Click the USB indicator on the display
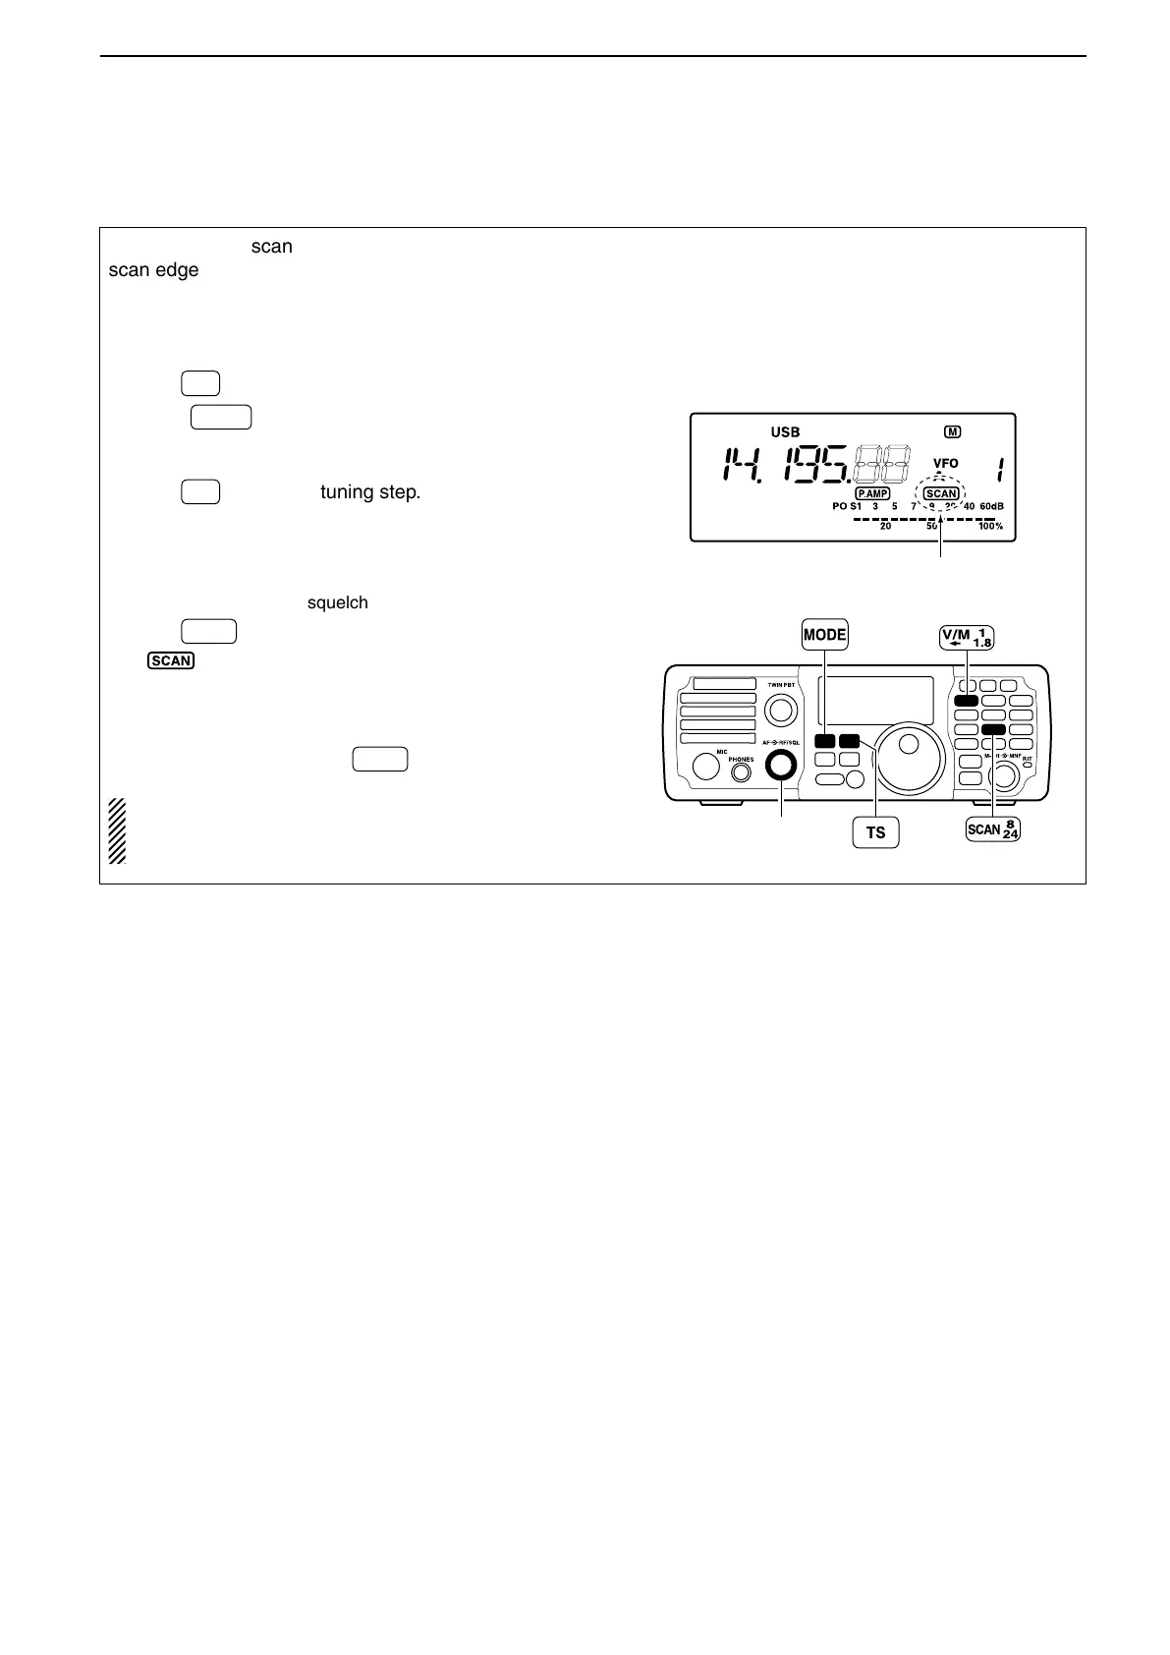click(x=784, y=432)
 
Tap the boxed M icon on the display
click(x=952, y=431)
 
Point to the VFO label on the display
click(x=945, y=463)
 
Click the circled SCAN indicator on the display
click(x=941, y=493)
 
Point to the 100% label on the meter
click(x=989, y=527)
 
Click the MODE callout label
click(x=824, y=635)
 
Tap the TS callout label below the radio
click(x=874, y=832)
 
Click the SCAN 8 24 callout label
click(x=993, y=830)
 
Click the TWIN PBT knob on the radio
click(x=781, y=709)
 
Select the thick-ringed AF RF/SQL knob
click(x=782, y=765)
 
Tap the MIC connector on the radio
click(x=706, y=766)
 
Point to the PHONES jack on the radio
click(x=741, y=771)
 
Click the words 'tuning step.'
click(x=370, y=491)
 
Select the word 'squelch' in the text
click(x=338, y=602)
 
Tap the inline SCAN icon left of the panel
click(x=171, y=660)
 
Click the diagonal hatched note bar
click(x=117, y=831)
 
